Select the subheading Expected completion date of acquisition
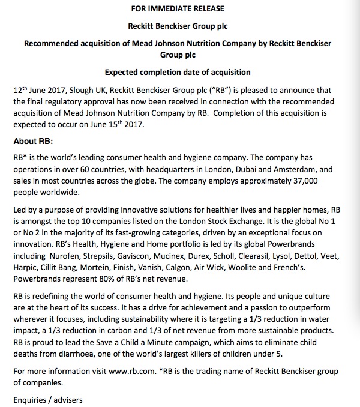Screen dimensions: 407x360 (x=178, y=73)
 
